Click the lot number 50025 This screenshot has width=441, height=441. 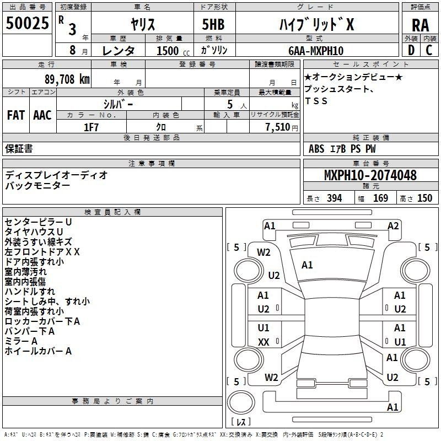[27, 23]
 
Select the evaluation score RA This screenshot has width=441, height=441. [420, 25]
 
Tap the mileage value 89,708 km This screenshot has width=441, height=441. [67, 79]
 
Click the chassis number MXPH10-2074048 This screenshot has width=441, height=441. [370, 175]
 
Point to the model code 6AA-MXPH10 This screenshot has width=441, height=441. [316, 51]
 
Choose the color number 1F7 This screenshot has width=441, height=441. [91, 127]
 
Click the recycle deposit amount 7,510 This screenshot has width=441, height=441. [278, 127]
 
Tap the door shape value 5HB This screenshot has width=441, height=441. [213, 24]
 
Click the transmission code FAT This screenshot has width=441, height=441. [16, 115]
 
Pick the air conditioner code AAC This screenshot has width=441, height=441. [42, 115]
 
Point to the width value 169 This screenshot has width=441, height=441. [380, 198]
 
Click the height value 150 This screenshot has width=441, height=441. [424, 198]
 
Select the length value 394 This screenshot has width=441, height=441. [335, 198]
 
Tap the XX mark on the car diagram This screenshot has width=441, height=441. [263, 342]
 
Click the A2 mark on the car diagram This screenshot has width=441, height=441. [393, 226]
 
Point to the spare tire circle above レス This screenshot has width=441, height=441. [241, 402]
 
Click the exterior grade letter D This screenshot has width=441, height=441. [411, 50]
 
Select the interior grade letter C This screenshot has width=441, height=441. [429, 50]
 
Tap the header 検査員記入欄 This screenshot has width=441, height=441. [112, 212]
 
